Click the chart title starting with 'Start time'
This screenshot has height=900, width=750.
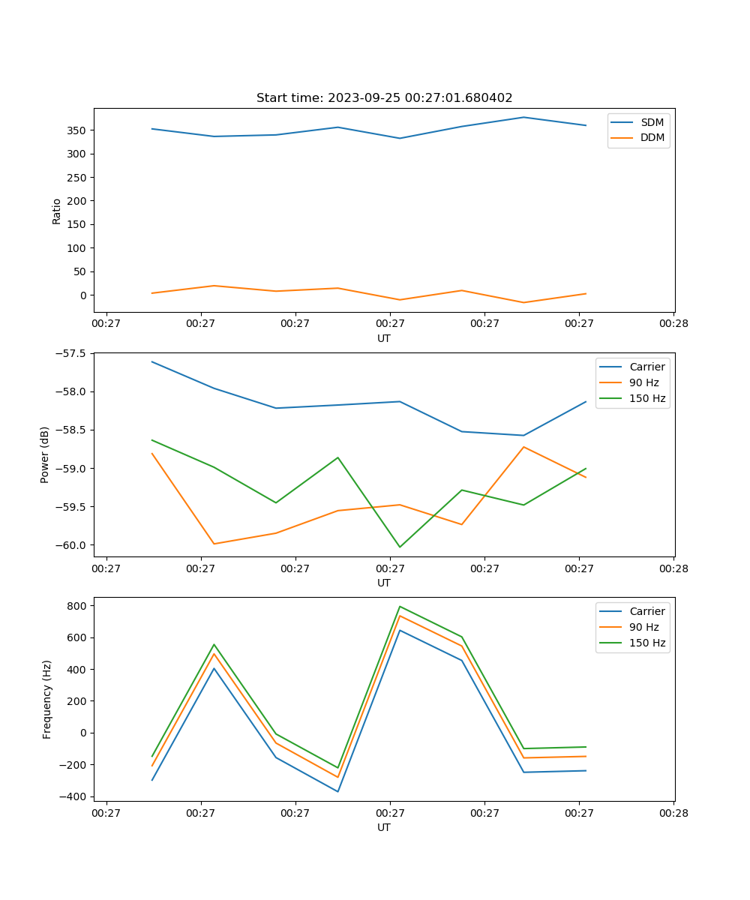click(x=384, y=98)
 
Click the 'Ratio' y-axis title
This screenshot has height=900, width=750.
click(x=57, y=211)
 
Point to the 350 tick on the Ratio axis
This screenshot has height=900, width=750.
click(x=77, y=130)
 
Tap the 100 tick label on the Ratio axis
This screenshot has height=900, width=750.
click(x=77, y=248)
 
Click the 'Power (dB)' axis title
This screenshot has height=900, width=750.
click(x=45, y=454)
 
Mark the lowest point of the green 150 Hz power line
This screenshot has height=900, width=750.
click(x=400, y=547)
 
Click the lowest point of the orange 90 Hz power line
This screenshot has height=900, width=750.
click(x=214, y=544)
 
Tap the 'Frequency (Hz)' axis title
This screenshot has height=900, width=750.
click(x=46, y=700)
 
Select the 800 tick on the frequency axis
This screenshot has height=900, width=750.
click(x=79, y=605)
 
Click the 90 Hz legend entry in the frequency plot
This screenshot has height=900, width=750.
click(x=643, y=627)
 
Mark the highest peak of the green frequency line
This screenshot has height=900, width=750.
click(x=400, y=606)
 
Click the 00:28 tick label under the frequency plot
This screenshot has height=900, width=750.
click(x=673, y=812)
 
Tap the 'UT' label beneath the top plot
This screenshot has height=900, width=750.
click(x=384, y=338)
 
